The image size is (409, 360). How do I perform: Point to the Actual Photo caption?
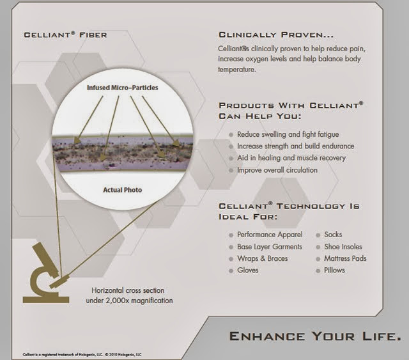tap(123, 190)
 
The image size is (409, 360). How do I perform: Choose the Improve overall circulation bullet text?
tap(277, 170)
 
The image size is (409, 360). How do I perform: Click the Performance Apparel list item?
tap(270, 235)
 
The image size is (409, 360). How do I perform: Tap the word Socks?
tap(333, 235)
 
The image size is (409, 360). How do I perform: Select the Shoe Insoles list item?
tap(343, 247)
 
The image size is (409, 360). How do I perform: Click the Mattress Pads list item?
tap(345, 258)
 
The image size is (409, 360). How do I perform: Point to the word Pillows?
tap(334, 270)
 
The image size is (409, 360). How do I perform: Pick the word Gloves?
tap(248, 270)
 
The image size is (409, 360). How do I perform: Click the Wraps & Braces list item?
tap(262, 258)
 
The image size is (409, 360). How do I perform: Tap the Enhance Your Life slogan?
tap(315, 336)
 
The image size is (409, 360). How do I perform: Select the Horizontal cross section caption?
tap(132, 295)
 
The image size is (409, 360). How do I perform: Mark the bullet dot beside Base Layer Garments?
tap(231, 247)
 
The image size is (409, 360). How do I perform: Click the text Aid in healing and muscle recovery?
tap(291, 158)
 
